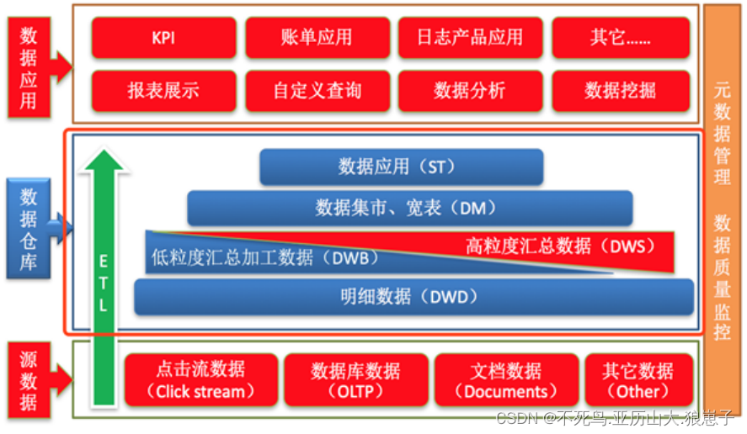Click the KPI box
click(163, 38)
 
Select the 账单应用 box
click(317, 38)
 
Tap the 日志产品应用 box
click(469, 38)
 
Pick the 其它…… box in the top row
click(621, 38)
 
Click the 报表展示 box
click(163, 91)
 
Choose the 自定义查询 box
click(317, 91)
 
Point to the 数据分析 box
click(469, 91)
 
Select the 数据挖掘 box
click(621, 91)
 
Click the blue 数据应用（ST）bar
click(401, 167)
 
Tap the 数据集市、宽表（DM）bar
click(409, 207)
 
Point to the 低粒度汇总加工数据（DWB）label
click(264, 257)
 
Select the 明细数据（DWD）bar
click(413, 297)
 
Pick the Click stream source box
click(200, 380)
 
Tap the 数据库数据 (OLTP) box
click(355, 380)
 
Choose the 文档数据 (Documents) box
click(506, 380)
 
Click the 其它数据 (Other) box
click(638, 380)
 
